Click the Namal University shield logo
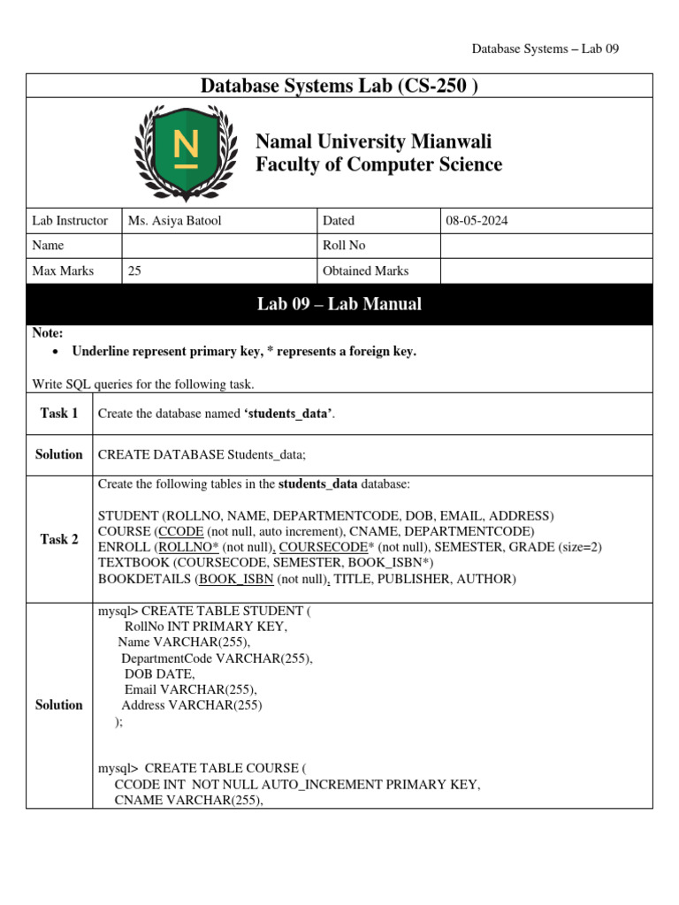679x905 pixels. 186,152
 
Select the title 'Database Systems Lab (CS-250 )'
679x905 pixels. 339,86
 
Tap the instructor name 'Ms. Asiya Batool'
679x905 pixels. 175,221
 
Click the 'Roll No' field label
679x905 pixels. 344,246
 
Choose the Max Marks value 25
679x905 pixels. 134,271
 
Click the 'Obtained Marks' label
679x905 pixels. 366,271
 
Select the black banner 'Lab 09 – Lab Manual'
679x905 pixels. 339,304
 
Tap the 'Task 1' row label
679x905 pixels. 59,414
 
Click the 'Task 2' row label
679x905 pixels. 59,539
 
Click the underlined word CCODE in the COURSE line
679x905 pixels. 180,531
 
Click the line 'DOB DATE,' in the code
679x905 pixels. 159,673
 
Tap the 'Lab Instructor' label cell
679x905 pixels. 70,221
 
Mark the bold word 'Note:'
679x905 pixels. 48,333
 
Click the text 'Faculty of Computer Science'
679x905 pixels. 378,164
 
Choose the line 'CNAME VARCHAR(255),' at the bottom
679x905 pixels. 189,801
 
